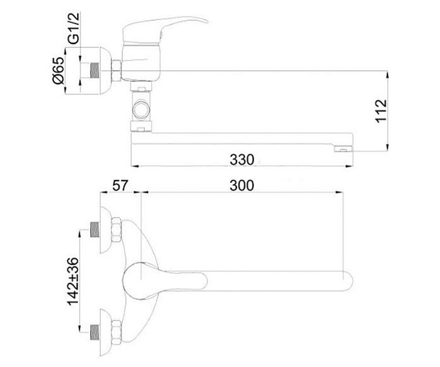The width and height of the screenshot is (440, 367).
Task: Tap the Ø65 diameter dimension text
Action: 58,71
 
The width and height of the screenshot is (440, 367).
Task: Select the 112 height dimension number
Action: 381,111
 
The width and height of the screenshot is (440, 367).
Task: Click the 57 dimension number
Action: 120,186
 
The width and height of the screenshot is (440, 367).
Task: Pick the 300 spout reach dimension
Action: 242,186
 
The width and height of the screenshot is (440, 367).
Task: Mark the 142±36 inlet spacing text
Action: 73,281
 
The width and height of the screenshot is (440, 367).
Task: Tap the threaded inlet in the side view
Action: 95,70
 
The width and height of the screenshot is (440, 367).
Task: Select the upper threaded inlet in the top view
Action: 95,230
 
